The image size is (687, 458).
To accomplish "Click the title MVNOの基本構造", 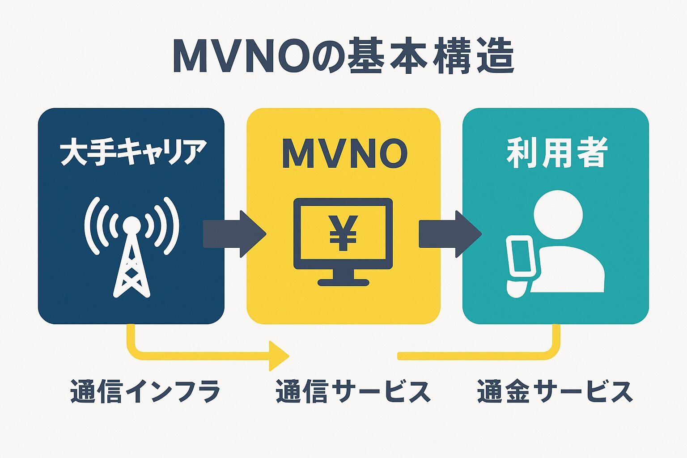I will tap(343, 58).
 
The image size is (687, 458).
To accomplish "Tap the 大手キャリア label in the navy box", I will tap(133, 153).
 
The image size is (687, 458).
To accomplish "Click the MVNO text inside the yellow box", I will tap(344, 153).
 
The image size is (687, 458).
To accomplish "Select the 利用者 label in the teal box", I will tap(556, 153).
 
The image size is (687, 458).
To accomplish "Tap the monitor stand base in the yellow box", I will tap(343, 282).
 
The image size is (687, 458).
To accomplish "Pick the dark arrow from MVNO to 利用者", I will tap(449, 233).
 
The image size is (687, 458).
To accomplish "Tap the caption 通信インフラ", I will tap(145, 391).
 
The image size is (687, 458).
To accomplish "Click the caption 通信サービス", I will tap(353, 391).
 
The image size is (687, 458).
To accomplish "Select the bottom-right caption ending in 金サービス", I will tap(555, 391).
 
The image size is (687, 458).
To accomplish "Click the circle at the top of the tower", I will tap(131, 225).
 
